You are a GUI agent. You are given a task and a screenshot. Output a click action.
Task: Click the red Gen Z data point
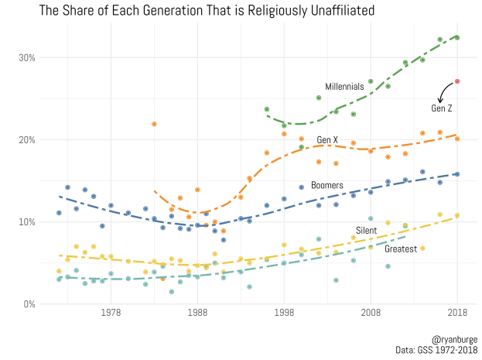(457, 81)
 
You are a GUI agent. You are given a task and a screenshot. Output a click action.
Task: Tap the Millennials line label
(344, 87)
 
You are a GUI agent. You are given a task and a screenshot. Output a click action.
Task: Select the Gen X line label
(327, 140)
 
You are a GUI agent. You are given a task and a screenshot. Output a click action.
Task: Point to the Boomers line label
(327, 186)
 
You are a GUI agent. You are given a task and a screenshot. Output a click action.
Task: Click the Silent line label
(366, 231)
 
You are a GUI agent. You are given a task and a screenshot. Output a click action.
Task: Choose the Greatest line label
(401, 249)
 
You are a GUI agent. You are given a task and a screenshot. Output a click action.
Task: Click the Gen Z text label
(443, 108)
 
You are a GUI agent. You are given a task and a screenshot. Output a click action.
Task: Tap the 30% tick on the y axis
(28, 57)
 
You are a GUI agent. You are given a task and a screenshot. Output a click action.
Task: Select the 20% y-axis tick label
(28, 140)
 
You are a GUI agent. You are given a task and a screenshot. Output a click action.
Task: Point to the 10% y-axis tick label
(28, 222)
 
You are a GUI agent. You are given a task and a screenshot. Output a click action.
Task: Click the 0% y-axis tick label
(30, 304)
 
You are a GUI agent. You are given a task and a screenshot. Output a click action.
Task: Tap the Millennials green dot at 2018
(457, 37)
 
